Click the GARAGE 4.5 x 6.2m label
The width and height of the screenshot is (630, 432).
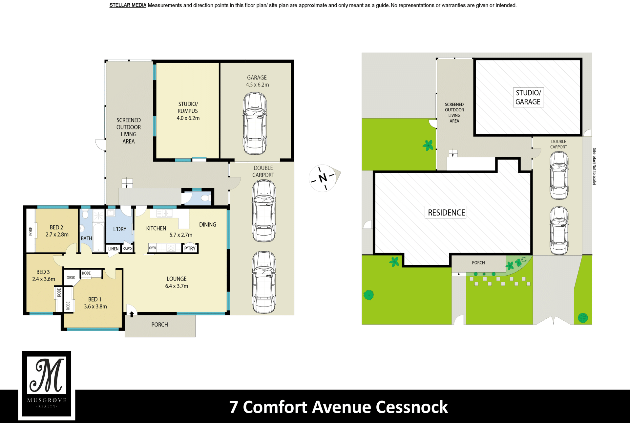click(257, 81)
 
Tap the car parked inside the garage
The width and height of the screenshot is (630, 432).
click(255, 124)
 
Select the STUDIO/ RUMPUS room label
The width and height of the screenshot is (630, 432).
click(188, 111)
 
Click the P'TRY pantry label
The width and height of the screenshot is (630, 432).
click(190, 249)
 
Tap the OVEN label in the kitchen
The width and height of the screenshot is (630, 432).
click(153, 248)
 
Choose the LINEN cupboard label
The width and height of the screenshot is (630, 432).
click(114, 249)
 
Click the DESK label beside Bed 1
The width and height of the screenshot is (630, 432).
click(71, 278)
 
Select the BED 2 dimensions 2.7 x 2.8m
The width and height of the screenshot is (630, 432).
click(57, 235)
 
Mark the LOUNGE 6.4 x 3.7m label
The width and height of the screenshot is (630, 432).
click(177, 282)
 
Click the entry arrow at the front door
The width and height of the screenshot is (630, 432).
click(132, 314)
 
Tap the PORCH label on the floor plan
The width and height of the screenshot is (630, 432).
click(159, 325)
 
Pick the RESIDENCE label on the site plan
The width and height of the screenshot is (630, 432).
click(446, 213)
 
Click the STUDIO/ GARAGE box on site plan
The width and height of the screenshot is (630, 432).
click(528, 97)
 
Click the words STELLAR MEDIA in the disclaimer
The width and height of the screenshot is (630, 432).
click(128, 5)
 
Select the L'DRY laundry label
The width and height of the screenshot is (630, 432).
click(120, 229)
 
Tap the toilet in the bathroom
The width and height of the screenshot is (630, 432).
click(85, 215)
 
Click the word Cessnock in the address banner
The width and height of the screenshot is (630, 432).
click(412, 407)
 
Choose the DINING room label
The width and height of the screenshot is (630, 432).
click(208, 225)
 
